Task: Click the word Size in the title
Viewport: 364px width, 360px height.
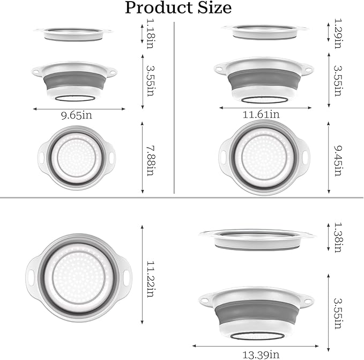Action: click(215, 8)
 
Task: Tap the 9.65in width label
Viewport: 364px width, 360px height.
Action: click(77, 115)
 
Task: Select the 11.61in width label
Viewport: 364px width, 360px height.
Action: click(261, 114)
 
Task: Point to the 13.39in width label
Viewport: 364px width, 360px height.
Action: click(261, 355)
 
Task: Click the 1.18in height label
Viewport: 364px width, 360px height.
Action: click(151, 34)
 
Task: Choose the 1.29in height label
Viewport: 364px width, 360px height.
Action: click(338, 33)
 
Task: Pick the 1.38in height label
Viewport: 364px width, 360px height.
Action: click(338, 237)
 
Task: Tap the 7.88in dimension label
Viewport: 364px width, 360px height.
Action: click(151, 161)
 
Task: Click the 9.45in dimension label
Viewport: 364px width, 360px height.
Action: click(338, 161)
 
